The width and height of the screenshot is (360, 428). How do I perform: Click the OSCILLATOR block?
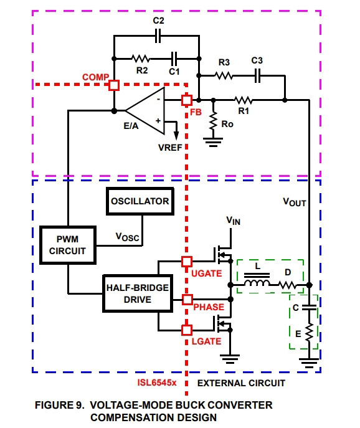(x=140, y=201)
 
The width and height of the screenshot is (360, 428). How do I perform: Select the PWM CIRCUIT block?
(x=68, y=245)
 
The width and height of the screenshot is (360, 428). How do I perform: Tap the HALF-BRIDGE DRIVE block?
(x=138, y=293)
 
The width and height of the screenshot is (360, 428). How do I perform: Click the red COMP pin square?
(x=114, y=85)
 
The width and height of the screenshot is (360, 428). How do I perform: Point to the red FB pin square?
(x=187, y=100)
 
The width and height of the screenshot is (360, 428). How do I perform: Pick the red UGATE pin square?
(x=187, y=262)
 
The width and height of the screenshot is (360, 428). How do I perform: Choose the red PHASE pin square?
(x=187, y=300)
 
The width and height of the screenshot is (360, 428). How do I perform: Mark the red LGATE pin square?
(x=187, y=330)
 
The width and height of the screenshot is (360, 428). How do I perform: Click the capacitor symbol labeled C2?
(x=158, y=36)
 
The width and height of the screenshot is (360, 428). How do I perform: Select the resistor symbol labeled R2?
(x=140, y=59)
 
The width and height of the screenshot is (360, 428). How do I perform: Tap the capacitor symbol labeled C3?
(x=257, y=75)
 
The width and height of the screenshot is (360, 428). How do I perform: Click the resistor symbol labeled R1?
(x=243, y=100)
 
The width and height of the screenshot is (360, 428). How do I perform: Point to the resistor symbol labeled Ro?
(x=213, y=121)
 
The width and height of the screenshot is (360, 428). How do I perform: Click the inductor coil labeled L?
(x=257, y=282)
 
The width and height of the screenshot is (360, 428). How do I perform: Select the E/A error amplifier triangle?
(x=145, y=110)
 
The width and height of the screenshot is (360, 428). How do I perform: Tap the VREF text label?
(x=170, y=148)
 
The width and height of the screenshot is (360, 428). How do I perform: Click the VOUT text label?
(x=295, y=202)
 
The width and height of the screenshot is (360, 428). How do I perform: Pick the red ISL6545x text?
(x=157, y=383)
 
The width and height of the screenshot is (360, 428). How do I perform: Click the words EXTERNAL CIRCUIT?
(x=241, y=383)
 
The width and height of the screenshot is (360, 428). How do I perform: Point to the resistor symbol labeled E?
(x=309, y=332)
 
